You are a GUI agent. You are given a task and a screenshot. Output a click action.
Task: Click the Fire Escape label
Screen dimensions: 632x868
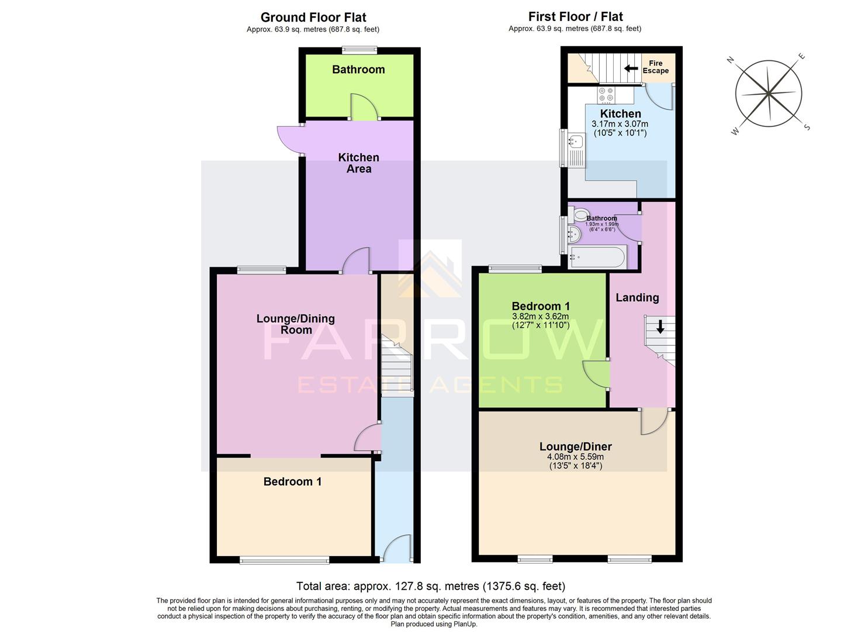coord(655,67)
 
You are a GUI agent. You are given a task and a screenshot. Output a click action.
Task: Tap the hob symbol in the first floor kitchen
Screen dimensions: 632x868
coord(606,95)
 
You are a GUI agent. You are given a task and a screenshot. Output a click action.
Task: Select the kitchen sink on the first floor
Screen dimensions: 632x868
coord(576,142)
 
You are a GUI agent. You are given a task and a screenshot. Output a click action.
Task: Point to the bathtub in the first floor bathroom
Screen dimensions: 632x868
coord(597,257)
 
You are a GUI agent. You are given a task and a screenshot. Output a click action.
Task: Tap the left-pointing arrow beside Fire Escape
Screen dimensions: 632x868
coord(631,68)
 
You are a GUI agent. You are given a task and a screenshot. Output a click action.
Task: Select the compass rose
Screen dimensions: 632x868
coord(768,93)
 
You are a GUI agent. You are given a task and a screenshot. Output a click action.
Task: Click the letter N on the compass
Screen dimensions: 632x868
coord(729,60)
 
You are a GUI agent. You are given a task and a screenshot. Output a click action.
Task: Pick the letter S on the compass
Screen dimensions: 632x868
coord(807,127)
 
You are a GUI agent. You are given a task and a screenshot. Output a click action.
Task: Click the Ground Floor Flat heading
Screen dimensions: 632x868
coord(313,18)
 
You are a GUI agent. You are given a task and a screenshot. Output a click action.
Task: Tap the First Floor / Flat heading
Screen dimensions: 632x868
coord(575,17)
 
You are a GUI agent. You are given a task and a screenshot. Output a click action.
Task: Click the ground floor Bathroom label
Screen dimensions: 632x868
coord(358,70)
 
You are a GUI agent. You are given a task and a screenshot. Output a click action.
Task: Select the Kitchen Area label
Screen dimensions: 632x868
coord(359,163)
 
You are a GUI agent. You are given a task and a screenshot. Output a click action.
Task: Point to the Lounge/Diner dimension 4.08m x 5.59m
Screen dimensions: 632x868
coord(575,457)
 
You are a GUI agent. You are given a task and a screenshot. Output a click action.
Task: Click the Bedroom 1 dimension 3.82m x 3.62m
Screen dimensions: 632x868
coord(540,317)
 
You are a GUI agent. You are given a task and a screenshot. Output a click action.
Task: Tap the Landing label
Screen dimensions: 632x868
coord(637,297)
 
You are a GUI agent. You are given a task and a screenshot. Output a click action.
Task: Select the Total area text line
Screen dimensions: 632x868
coord(430,586)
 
